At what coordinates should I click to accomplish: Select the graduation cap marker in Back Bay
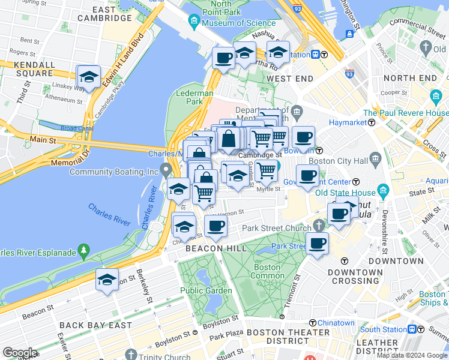(107, 280)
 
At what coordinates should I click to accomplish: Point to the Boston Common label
(267, 271)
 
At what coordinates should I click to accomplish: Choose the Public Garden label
(206, 291)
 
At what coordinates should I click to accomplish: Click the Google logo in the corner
(20, 352)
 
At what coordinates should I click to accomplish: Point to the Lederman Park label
(191, 97)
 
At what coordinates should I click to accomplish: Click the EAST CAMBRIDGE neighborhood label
(112, 14)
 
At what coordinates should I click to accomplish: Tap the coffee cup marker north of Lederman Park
(223, 58)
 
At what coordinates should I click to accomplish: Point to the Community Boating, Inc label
(113, 172)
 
